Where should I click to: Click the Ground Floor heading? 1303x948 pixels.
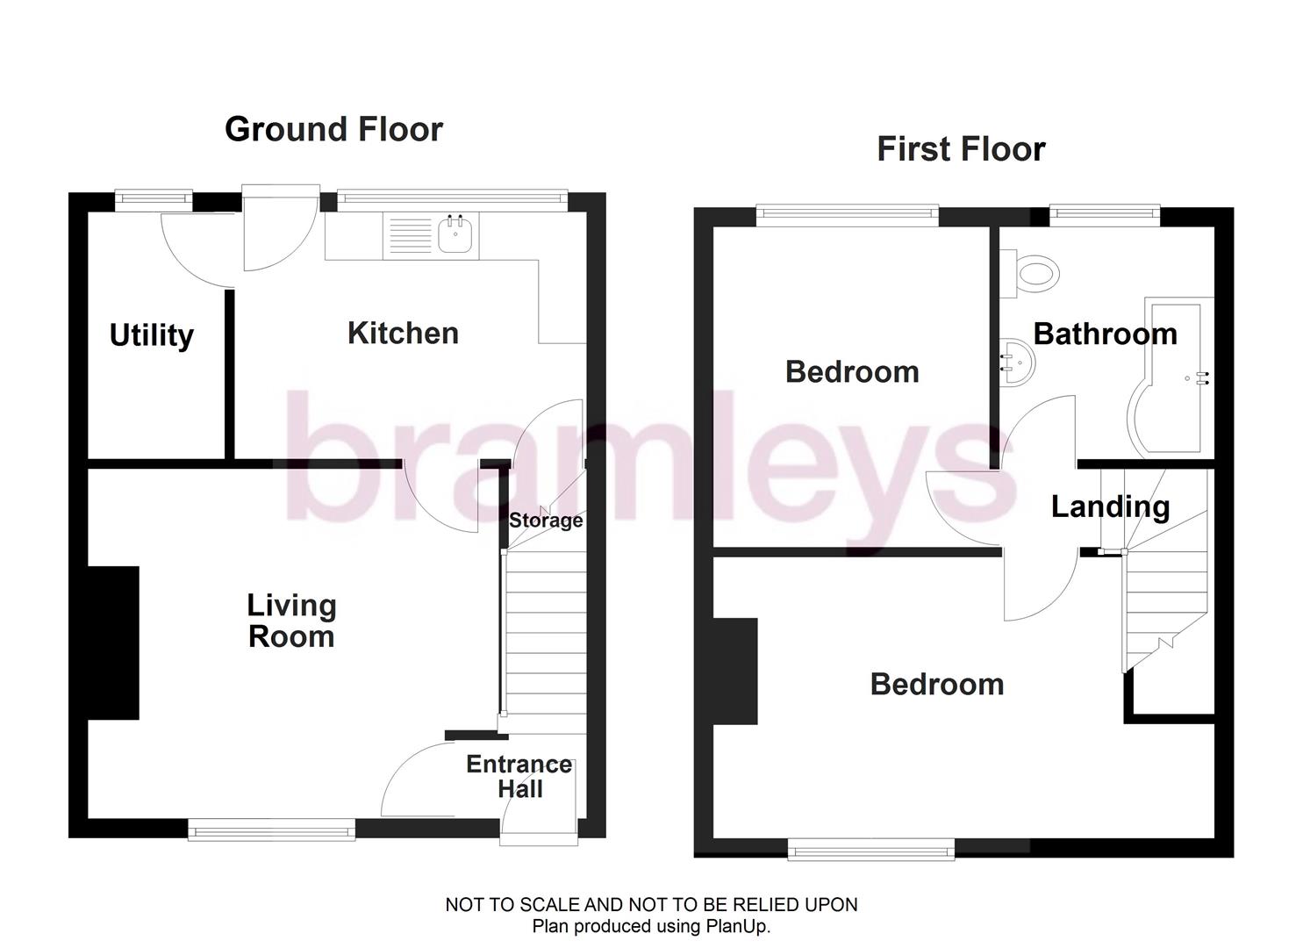click(x=333, y=130)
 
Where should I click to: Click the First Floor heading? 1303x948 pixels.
click(x=961, y=149)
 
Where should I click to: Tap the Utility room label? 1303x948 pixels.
click(x=151, y=335)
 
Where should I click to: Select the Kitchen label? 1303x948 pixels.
click(x=403, y=334)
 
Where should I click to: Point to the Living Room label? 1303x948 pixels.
click(x=291, y=621)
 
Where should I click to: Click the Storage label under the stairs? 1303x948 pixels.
click(x=546, y=521)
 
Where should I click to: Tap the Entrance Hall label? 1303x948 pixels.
click(x=519, y=777)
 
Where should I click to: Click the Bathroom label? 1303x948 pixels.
click(x=1105, y=334)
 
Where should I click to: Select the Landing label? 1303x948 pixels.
click(x=1110, y=506)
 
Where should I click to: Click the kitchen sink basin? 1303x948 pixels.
click(x=455, y=234)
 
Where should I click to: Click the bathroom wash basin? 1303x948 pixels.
click(x=1018, y=360)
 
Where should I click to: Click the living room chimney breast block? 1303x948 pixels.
click(x=113, y=643)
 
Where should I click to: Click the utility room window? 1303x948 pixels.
click(x=154, y=197)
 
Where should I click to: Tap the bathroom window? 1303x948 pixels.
click(x=1105, y=212)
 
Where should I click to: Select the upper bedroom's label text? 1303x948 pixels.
click(x=851, y=372)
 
